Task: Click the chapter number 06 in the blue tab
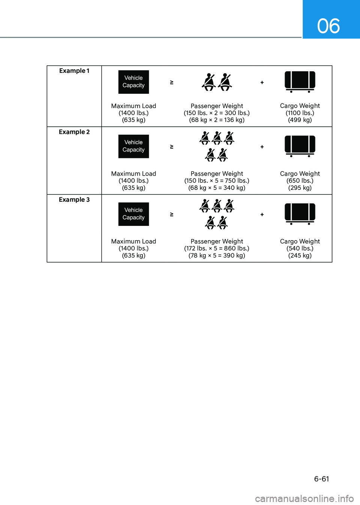point(328,26)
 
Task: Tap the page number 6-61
point(321,479)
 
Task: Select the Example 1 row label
point(74,71)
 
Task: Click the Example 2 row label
point(74,132)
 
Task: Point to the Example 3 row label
point(74,200)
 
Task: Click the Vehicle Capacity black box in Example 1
point(133,82)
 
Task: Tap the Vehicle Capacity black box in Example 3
point(133,214)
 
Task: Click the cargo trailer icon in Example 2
point(300,146)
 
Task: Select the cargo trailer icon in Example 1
point(300,81)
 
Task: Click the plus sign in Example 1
point(262,83)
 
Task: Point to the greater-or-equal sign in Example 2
point(172,147)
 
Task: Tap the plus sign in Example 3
point(262,215)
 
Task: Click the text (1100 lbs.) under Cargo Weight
point(300,113)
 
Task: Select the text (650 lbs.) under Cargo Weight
point(300,180)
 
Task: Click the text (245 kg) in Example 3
point(300,256)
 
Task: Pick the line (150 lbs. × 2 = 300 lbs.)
point(217,113)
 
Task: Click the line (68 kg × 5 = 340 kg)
point(217,188)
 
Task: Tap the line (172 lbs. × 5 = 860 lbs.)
point(217,248)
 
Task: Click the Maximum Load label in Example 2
point(133,174)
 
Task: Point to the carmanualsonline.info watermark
point(304,499)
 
